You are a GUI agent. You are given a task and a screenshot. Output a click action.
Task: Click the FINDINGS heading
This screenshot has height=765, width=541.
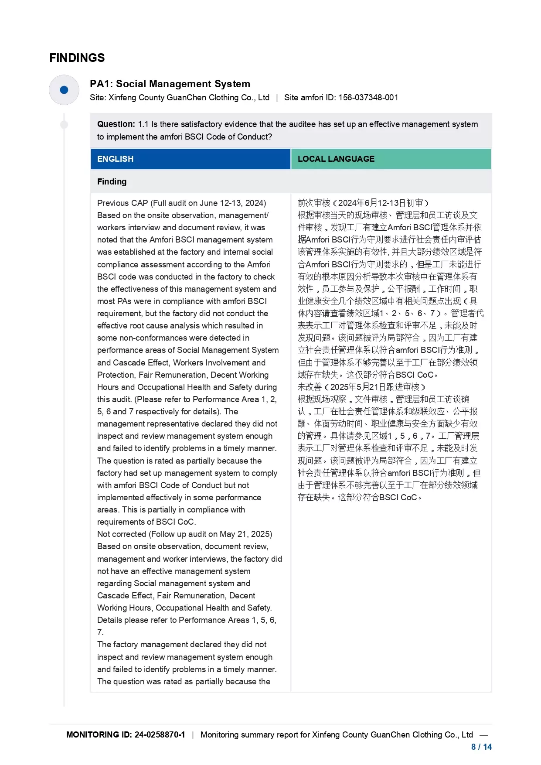click(x=77, y=58)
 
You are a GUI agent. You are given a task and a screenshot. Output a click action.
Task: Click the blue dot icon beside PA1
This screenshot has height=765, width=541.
click(x=64, y=90)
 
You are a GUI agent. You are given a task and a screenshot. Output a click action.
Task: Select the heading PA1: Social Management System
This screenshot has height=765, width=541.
click(x=170, y=84)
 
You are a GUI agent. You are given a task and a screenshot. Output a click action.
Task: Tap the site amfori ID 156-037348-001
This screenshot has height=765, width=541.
click(x=368, y=98)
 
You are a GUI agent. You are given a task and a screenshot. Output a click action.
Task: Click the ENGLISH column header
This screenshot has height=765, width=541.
click(x=116, y=159)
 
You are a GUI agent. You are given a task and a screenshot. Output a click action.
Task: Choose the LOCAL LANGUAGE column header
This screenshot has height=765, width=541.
click(x=336, y=159)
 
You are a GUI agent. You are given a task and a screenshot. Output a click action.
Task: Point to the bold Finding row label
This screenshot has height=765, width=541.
click(x=112, y=182)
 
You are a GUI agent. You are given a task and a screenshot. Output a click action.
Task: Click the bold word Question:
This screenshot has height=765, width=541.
click(x=116, y=124)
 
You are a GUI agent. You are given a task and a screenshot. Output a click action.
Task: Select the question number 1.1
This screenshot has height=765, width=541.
click(x=143, y=124)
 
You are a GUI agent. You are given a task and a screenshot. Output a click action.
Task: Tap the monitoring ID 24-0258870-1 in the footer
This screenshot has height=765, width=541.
click(x=160, y=735)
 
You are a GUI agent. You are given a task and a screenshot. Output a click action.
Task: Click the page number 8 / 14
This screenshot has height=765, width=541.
click(x=481, y=747)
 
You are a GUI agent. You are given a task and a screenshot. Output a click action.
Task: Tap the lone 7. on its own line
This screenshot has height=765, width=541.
click(x=100, y=632)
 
